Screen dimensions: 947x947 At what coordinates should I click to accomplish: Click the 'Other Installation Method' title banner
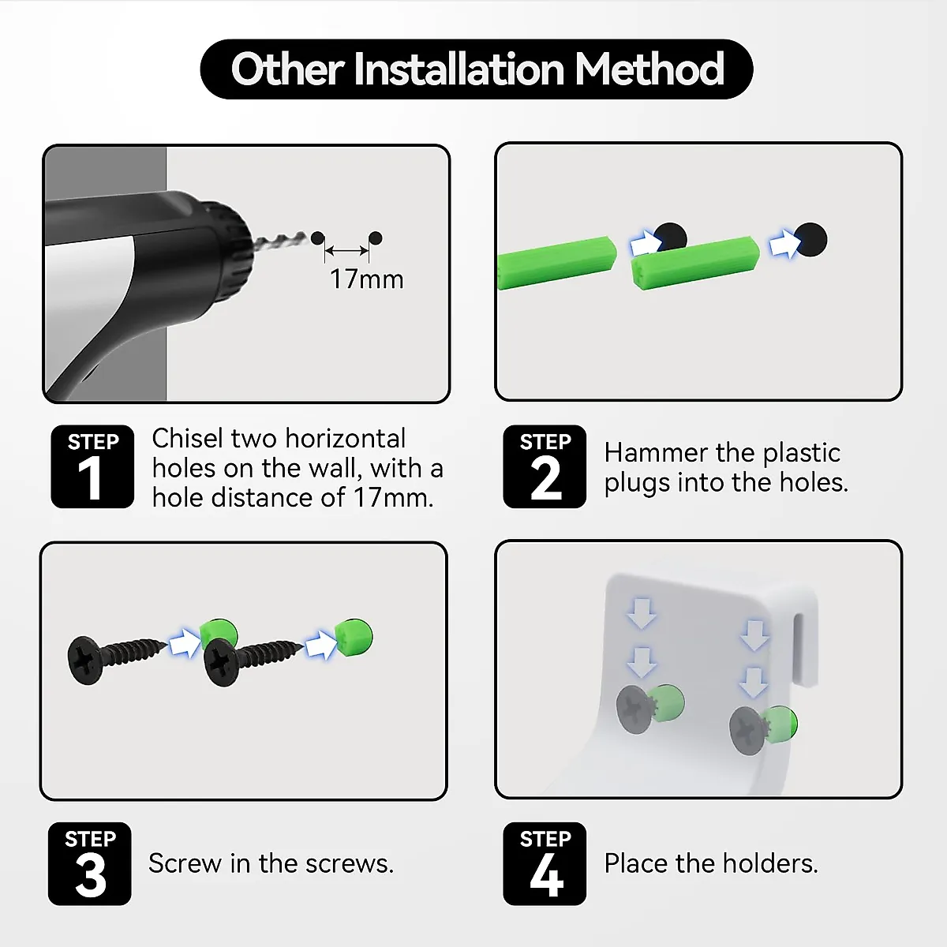pos(476,69)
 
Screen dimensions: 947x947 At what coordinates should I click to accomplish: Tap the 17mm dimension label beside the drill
pos(367,279)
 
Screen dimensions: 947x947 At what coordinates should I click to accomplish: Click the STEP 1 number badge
pos(92,466)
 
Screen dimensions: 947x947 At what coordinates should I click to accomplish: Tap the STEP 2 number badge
pos(545,466)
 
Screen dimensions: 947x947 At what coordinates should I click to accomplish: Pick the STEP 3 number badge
pos(89,863)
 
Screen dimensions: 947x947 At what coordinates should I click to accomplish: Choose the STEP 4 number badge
pos(545,863)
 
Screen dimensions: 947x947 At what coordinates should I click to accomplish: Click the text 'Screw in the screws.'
pos(271,863)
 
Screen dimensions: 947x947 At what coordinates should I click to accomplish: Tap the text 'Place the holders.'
pos(711,863)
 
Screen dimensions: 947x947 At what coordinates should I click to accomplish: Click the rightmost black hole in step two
pos(811,239)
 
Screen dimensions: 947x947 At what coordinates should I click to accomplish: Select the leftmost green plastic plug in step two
pos(556,263)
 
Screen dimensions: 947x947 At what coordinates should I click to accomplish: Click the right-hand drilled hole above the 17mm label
pos(375,239)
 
